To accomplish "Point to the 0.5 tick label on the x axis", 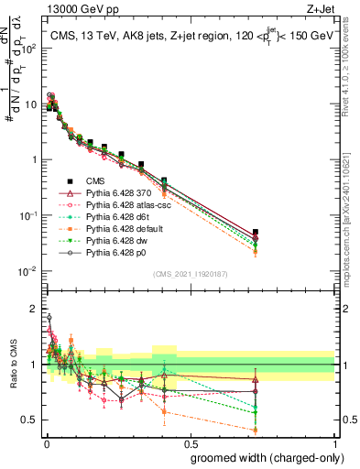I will pyautogui.click(x=190, y=442).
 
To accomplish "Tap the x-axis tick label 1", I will pyautogui.click(x=334, y=442).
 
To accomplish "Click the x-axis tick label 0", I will pyautogui.click(x=46, y=442).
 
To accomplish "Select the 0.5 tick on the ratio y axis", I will pyautogui.click(x=29, y=420).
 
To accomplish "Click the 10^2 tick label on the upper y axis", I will pyautogui.click(x=28, y=48).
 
